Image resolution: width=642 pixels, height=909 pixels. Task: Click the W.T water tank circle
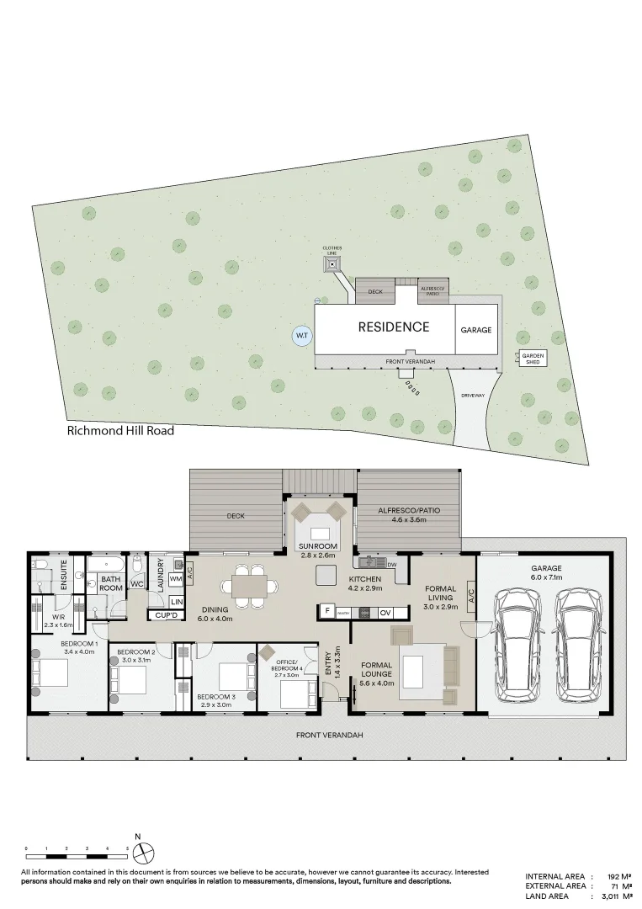click(x=302, y=336)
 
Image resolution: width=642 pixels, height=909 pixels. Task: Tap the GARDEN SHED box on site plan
click(x=533, y=358)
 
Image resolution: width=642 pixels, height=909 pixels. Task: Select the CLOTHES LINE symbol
click(x=332, y=263)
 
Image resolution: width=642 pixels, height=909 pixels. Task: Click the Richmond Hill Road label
click(x=120, y=431)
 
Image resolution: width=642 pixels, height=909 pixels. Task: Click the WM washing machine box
click(x=176, y=579)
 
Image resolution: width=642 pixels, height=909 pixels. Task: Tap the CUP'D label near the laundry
click(x=165, y=616)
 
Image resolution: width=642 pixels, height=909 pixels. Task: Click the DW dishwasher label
click(x=391, y=563)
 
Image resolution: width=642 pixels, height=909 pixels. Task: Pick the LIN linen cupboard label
click(x=177, y=601)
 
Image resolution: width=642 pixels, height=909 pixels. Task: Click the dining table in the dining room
click(x=248, y=584)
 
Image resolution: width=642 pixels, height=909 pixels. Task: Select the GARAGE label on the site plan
click(x=475, y=331)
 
